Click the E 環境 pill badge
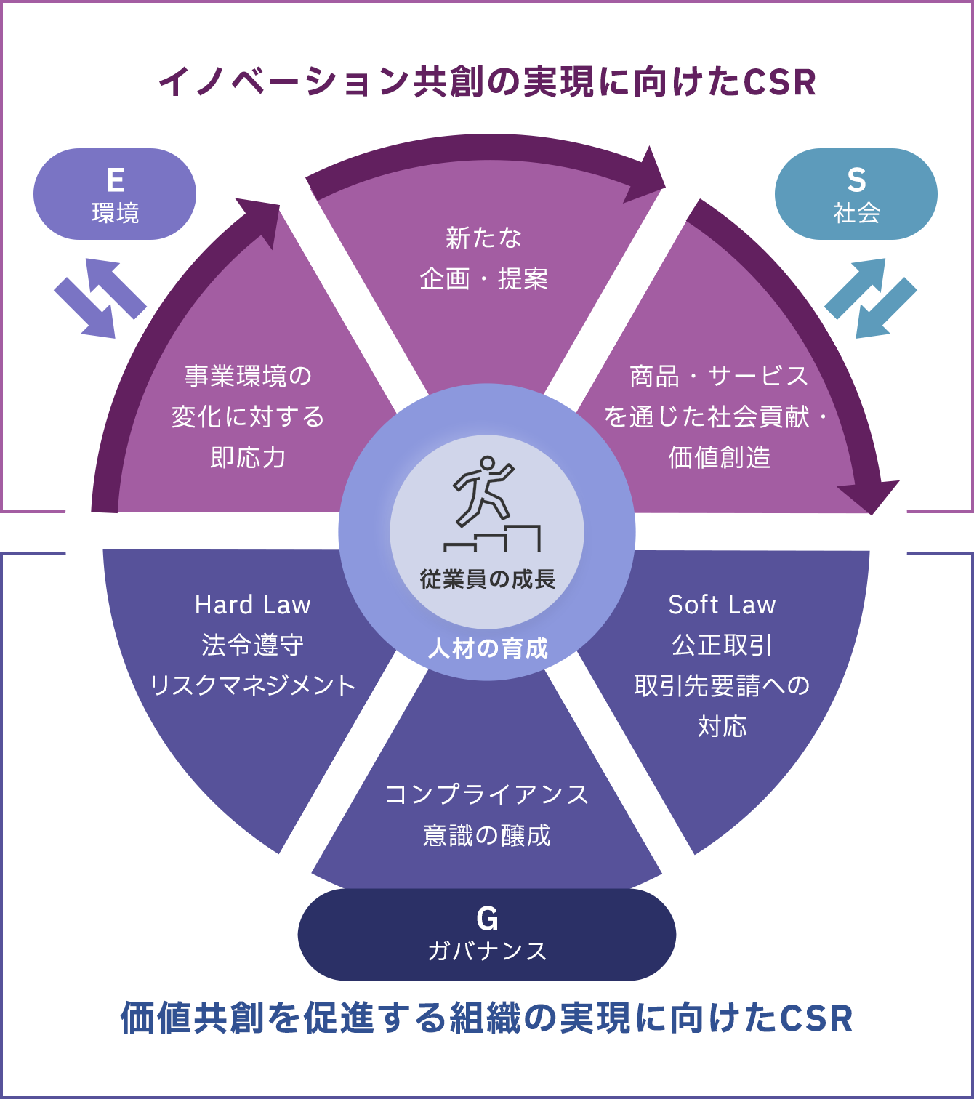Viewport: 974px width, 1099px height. [115, 195]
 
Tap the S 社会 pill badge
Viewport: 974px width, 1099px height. [856, 195]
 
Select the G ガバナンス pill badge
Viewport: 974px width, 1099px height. [486, 935]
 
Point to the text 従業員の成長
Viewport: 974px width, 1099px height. [487, 579]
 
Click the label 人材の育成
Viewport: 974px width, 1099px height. [487, 648]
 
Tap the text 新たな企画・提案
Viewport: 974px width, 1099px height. [484, 258]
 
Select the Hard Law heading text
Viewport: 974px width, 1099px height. [252, 605]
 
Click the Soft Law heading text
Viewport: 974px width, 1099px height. [722, 605]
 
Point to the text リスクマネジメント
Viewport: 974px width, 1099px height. [252, 685]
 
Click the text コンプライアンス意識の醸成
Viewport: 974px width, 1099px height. [486, 815]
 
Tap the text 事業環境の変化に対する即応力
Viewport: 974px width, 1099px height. [248, 416]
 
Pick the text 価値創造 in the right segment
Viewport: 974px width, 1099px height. [719, 457]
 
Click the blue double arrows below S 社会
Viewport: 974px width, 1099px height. [870, 299]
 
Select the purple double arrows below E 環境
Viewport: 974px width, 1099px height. [100, 299]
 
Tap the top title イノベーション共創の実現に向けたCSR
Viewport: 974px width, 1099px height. [487, 82]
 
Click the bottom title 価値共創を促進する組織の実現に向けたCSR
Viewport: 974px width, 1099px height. [486, 1018]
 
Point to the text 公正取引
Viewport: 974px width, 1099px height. [722, 645]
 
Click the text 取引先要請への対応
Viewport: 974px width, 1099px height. [722, 705]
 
